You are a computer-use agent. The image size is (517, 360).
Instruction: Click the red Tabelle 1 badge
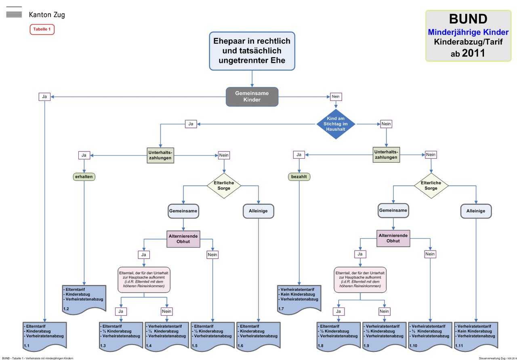(x=42, y=29)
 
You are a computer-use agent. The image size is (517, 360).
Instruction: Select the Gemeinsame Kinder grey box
(x=252, y=96)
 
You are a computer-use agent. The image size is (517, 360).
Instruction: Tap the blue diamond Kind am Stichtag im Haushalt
(x=336, y=124)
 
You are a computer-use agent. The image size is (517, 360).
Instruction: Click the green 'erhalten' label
(x=84, y=177)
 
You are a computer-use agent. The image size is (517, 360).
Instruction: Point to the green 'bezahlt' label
(x=299, y=177)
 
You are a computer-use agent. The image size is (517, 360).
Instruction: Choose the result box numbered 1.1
(x=44, y=336)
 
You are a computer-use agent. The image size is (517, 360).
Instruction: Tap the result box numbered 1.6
(x=258, y=336)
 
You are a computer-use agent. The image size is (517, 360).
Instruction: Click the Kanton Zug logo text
(x=46, y=15)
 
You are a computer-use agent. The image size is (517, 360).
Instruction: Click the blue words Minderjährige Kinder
(x=468, y=32)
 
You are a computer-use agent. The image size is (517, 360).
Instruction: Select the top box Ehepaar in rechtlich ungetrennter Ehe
(x=252, y=51)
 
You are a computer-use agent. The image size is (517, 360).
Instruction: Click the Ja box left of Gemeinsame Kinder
(x=44, y=97)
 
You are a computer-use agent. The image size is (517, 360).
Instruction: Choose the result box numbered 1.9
(x=384, y=336)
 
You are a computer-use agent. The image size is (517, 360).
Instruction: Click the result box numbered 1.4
(x=167, y=336)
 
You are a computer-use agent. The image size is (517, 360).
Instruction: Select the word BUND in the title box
(x=468, y=19)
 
